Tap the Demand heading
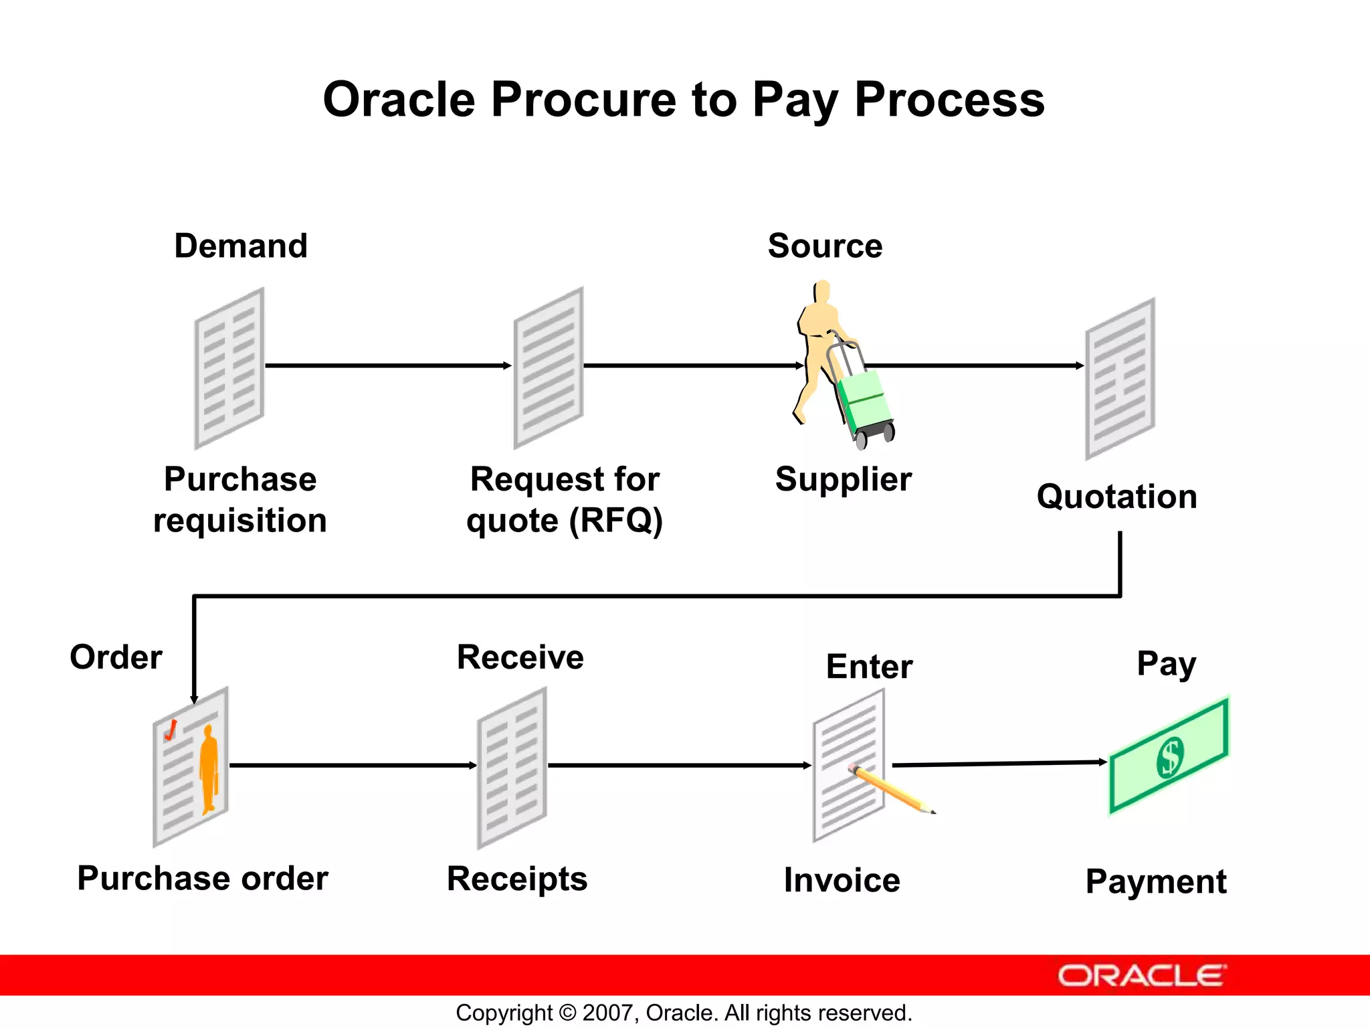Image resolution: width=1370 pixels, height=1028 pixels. point(241,246)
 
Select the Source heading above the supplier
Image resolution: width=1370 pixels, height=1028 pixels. point(824,246)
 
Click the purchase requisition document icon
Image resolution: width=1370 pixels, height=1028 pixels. point(229,368)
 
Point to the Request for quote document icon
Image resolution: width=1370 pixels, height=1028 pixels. point(548,368)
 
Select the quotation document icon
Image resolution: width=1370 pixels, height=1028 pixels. point(1119,379)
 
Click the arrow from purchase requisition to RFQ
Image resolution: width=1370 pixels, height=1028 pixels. point(388,365)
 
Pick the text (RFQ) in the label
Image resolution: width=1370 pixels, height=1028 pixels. point(615,521)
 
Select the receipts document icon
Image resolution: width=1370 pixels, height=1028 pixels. point(512,768)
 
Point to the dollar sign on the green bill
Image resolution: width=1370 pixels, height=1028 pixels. point(1170,756)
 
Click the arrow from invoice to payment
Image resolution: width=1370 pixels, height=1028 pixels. point(1000,763)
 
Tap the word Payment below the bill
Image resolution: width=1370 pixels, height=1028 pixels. point(1155,881)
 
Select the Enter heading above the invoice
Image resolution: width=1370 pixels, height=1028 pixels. point(869,667)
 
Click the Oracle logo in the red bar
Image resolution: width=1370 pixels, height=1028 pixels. point(1141,976)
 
